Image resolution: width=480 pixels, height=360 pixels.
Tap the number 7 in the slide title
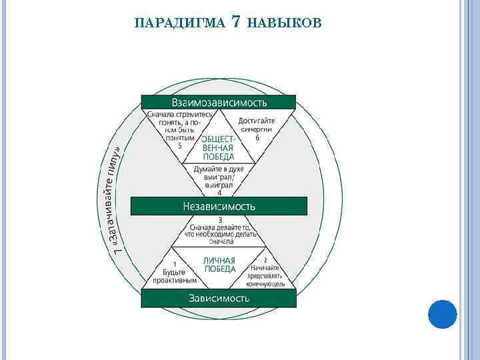(235, 23)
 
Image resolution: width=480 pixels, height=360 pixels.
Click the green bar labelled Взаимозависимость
(219, 102)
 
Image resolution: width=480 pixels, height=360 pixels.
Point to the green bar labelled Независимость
(219, 206)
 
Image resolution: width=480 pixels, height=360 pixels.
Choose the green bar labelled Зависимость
(219, 298)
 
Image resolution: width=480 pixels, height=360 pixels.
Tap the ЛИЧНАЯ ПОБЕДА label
(219, 265)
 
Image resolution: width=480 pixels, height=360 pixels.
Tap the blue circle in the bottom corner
(441, 314)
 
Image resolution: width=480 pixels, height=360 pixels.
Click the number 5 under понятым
(179, 146)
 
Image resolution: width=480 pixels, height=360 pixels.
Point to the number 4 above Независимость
(219, 193)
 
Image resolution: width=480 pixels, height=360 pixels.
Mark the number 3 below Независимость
(219, 219)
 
